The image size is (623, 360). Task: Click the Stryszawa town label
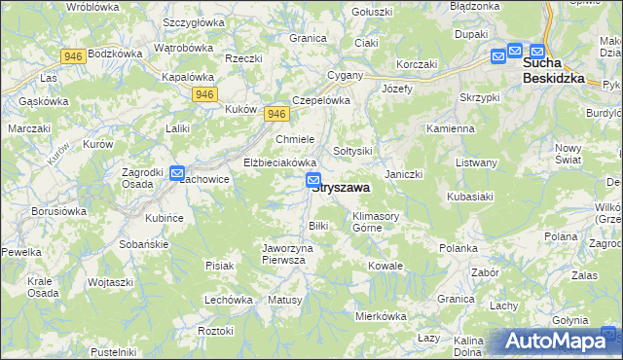coord(340,190)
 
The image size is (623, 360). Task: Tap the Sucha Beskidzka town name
coord(553,70)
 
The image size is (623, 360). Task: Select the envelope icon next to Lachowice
coord(177,174)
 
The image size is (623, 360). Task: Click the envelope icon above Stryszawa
coord(313,180)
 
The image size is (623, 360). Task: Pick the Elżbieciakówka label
coord(280,162)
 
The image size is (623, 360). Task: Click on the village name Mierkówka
coord(380,316)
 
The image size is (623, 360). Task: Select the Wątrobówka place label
coord(183,48)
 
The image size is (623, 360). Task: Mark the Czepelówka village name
coord(320,100)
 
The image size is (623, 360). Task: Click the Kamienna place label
coord(450,128)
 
